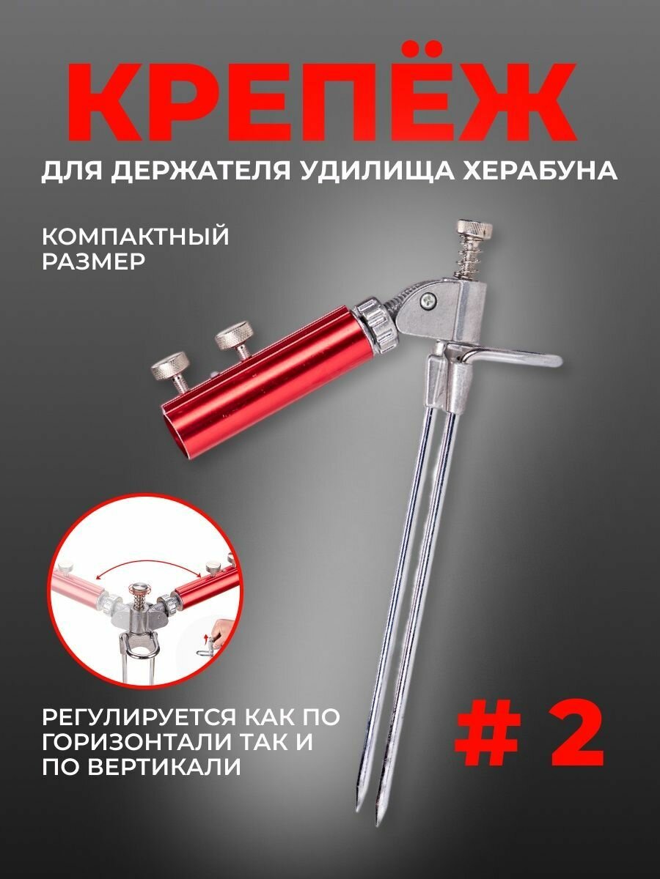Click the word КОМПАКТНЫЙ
coord(136,237)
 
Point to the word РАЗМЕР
coord(94,262)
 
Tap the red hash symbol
coord(488,732)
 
